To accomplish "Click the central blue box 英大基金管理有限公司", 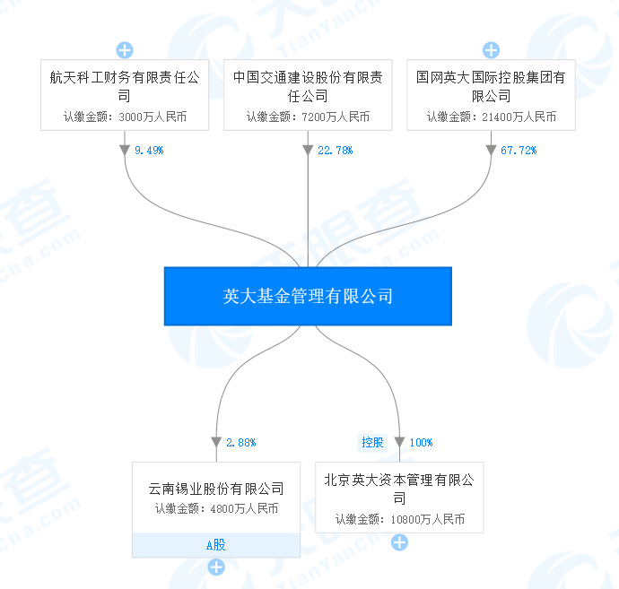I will pos(308,296).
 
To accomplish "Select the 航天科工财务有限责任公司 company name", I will pos(125,87).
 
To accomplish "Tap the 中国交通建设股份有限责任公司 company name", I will pos(308,87).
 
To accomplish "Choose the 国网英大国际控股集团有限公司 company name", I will pos(491,87).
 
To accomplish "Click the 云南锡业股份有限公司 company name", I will pos(216,489).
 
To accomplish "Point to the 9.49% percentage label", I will pos(149,151).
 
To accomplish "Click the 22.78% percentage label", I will pos(335,151).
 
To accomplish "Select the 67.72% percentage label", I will pos(518,151).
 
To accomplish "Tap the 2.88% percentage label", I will pos(241,442).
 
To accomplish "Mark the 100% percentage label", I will pos(421,442).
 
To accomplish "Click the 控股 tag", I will pos(372,442).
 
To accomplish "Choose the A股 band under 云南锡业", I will pos(216,544).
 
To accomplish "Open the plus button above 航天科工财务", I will pos(125,50).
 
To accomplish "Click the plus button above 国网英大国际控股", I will pos(491,50).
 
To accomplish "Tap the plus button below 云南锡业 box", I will pos(216,567).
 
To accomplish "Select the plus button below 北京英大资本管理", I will pos(399,542).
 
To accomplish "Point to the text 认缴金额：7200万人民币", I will pos(308,117).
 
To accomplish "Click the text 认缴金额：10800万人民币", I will pos(399,519).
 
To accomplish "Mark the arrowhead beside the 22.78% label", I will pos(308,151).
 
